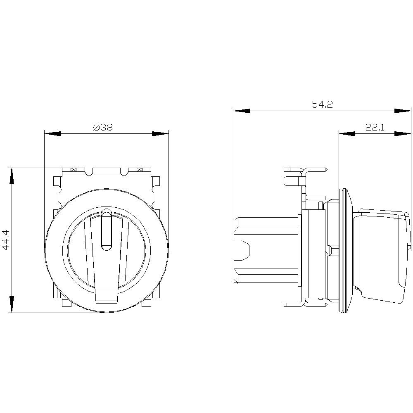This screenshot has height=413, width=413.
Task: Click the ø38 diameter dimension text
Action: [103, 128]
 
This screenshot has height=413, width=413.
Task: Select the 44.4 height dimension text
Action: [6, 240]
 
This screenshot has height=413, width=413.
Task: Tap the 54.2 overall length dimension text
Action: [322, 104]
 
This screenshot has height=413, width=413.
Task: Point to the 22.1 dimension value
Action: [375, 128]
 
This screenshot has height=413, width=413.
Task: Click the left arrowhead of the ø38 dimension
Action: [53, 134]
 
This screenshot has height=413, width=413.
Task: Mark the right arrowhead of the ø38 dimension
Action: [160, 134]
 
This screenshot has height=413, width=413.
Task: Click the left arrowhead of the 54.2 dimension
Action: [242, 111]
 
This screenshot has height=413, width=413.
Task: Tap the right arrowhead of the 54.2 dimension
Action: [403, 111]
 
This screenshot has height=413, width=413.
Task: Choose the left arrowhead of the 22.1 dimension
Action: [347, 133]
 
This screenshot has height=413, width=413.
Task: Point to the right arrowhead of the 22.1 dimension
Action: [403, 133]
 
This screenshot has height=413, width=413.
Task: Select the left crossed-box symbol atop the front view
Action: [74, 170]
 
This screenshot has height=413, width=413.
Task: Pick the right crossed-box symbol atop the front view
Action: [139, 170]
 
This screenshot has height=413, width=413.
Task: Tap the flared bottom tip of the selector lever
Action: [107, 295]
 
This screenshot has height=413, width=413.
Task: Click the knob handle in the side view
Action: [382, 252]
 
